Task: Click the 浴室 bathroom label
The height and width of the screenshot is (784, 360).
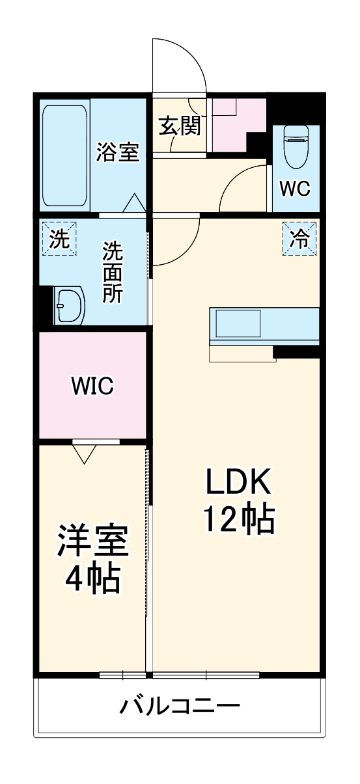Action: point(117,153)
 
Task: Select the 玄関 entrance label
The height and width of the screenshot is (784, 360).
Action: point(180,126)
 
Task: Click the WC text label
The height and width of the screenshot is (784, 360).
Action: point(295,188)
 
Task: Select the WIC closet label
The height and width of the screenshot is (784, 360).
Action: point(92,386)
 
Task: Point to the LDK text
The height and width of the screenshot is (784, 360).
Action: point(238,482)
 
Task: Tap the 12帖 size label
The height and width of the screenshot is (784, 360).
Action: point(238,519)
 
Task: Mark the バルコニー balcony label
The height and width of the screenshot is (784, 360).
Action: point(180,705)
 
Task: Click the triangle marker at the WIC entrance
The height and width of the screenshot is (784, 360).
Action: point(85,452)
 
